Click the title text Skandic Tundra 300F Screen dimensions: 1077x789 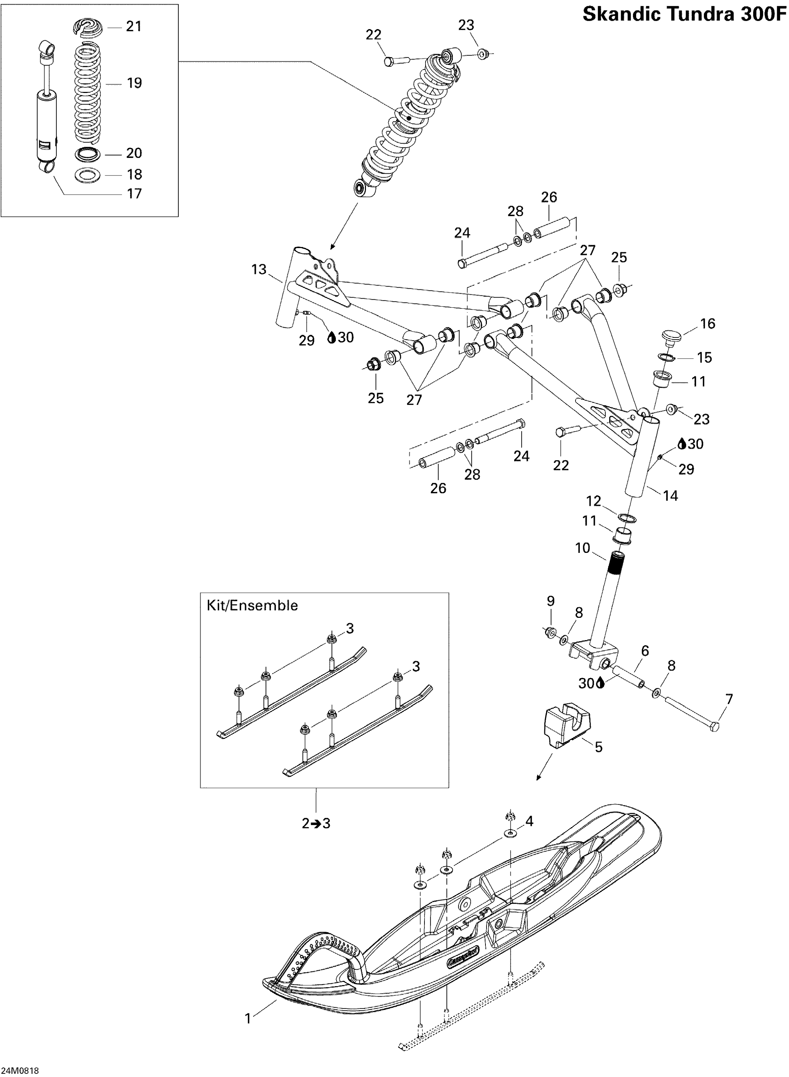coord(684,15)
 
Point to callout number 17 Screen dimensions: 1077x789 coord(134,194)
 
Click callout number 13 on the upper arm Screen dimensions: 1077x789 coord(259,270)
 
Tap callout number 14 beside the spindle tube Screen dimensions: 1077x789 coord(671,496)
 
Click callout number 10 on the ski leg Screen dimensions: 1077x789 coord(583,548)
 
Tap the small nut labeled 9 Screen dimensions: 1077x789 coord(550,632)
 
